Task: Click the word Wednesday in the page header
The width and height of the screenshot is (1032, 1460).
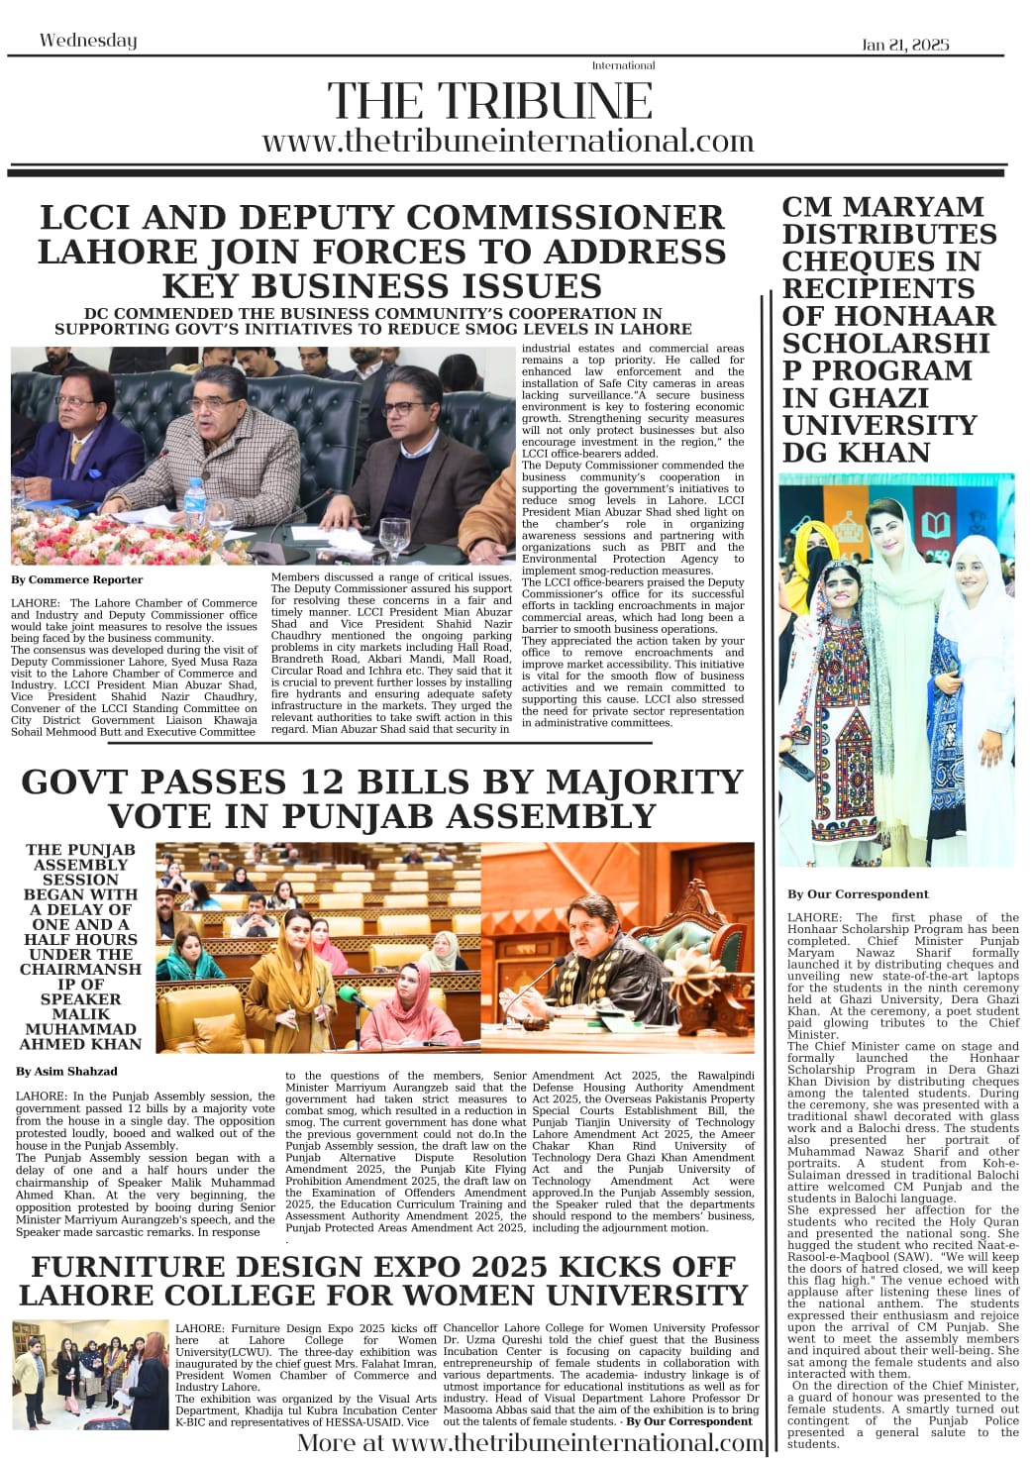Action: pos(88,41)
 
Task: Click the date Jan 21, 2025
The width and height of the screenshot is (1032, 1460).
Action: pos(905,45)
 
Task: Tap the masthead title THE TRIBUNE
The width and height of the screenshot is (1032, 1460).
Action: pos(490,101)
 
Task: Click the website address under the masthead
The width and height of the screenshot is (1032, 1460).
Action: pos(508,141)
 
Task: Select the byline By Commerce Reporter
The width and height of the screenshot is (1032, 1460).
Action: pos(77,579)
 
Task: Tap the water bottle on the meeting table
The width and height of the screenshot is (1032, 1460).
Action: pos(196,504)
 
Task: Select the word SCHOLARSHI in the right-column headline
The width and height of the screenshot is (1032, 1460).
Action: pos(885,343)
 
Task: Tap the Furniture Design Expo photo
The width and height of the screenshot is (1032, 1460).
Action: pos(91,1374)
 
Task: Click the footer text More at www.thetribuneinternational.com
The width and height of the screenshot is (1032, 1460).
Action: pos(530,1442)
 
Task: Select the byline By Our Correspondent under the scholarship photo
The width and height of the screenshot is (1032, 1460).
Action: pos(858,893)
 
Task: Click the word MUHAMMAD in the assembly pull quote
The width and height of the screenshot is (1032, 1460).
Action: pos(81,1028)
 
